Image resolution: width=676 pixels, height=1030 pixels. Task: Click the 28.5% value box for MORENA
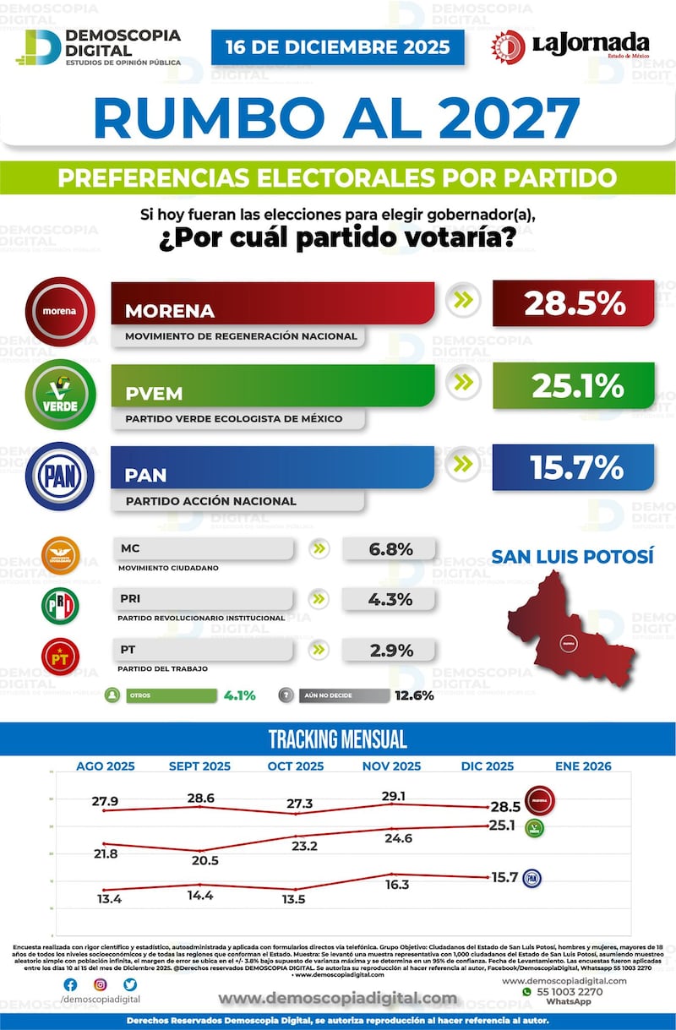coord(574,303)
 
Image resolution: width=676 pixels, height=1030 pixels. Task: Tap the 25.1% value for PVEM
coord(574,385)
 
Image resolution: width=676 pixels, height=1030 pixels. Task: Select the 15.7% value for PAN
coord(574,467)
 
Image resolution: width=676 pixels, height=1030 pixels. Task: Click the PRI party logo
coord(60,605)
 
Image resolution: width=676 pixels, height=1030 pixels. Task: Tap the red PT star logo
coord(60,655)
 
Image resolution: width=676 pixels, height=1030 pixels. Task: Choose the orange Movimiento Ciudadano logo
coord(60,555)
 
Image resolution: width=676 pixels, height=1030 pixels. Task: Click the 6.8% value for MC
coord(390,549)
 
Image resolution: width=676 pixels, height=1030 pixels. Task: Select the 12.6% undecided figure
coord(413,696)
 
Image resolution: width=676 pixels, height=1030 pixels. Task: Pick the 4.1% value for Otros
coord(240,696)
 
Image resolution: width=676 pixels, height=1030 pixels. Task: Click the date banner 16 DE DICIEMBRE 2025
coord(337,47)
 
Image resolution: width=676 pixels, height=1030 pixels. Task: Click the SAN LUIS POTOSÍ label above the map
coord(573,557)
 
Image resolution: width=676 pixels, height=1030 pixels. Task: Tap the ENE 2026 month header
coord(583,766)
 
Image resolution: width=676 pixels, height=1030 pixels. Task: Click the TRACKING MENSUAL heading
coord(337,739)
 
